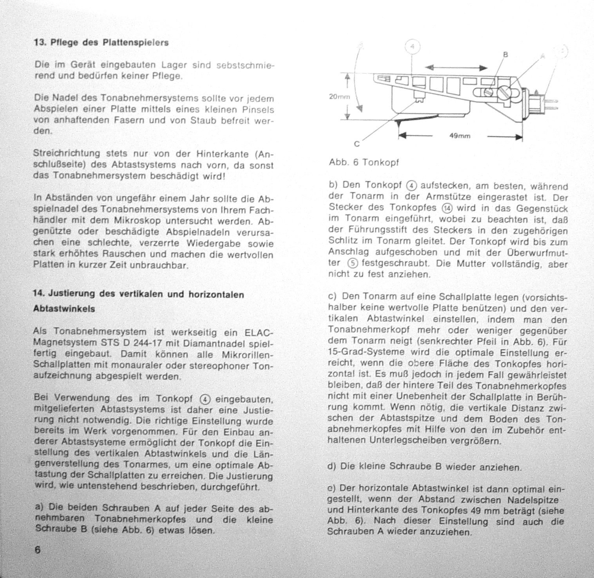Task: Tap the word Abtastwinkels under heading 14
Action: pyautogui.click(x=64, y=309)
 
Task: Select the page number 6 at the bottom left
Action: pyautogui.click(x=38, y=550)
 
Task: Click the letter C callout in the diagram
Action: pyautogui.click(x=357, y=144)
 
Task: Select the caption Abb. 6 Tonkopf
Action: pyautogui.click(x=364, y=162)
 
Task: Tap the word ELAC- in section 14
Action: pyautogui.click(x=259, y=333)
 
